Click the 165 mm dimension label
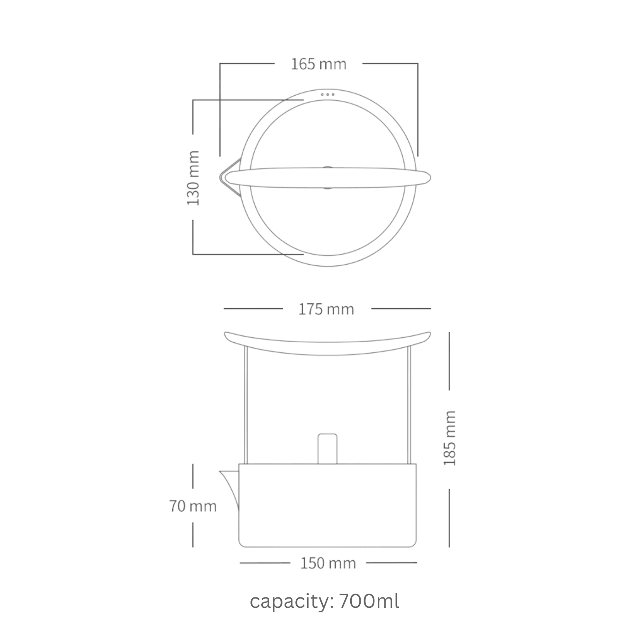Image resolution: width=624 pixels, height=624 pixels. tap(318, 64)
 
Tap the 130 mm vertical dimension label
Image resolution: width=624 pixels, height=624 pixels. tap(193, 178)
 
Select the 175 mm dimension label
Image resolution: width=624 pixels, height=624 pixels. tap(326, 309)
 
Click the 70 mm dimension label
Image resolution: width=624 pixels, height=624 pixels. tap(193, 506)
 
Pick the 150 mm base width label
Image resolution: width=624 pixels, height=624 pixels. tap(328, 563)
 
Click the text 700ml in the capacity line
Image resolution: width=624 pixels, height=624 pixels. tap(369, 601)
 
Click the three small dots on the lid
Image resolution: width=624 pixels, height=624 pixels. tap(327, 94)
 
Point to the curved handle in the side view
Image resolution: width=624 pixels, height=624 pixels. tap(327, 343)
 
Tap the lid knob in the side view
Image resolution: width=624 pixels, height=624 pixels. tap(327, 448)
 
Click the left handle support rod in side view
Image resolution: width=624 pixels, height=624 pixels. tap(246, 404)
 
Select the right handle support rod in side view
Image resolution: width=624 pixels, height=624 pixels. tap(409, 404)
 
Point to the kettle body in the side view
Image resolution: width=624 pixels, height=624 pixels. tap(327, 505)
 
